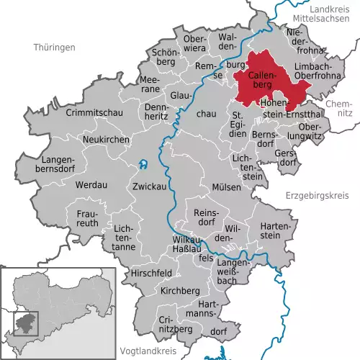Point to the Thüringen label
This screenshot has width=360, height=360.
coord(54,48)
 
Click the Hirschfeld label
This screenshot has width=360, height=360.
coord(151,274)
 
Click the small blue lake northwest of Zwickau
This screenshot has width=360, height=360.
coord(143,164)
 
